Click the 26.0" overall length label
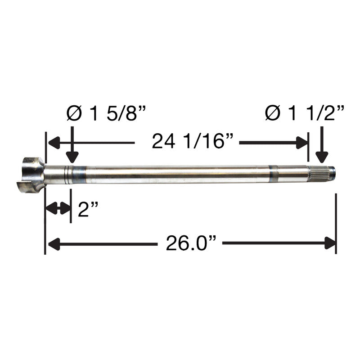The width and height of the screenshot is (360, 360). click(191, 243)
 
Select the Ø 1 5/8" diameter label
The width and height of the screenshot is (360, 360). click(106, 113)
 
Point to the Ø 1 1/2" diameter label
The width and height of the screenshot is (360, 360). click(305, 113)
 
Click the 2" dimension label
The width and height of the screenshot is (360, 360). click(88, 209)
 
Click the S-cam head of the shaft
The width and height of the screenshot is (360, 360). click(31, 175)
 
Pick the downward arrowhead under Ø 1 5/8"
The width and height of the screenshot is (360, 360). click(72, 157)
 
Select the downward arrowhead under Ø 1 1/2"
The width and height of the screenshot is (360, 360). click(322, 157)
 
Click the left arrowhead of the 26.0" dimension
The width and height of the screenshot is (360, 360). click(54, 243)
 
